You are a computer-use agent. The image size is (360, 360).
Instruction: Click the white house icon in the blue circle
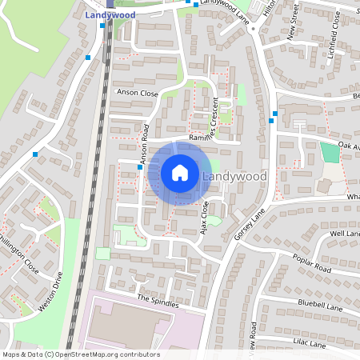[180, 173]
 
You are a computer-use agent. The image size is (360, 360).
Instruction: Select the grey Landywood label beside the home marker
[234, 176]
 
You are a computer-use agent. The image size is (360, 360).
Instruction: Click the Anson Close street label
[138, 94]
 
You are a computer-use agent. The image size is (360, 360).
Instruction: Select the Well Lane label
[346, 234]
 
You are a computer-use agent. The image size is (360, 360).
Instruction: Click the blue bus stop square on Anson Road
[140, 166]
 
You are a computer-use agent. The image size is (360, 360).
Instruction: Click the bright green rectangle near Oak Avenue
[329, 152]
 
